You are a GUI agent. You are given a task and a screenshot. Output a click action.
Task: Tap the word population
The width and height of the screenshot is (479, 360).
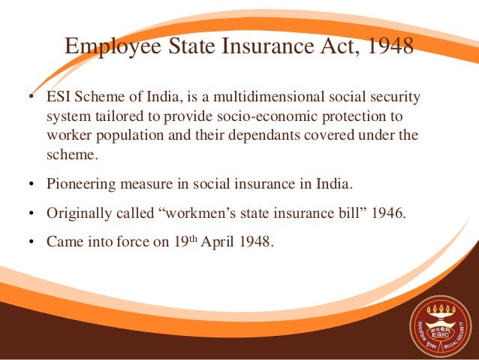pyautogui.click(x=129, y=138)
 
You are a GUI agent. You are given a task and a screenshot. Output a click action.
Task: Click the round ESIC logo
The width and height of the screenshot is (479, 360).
pyautogui.click(x=438, y=319)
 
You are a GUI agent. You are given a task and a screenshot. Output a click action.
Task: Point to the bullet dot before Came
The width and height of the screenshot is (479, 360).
pyautogui.click(x=32, y=244)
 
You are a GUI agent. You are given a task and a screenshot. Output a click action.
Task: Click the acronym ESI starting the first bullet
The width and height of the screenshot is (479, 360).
pyautogui.click(x=59, y=98)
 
